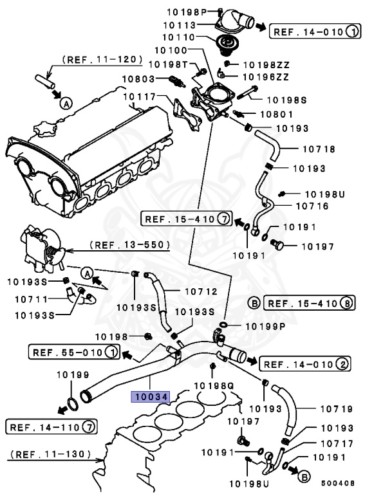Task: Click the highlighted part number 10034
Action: point(149,397)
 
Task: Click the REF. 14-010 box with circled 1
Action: point(315,31)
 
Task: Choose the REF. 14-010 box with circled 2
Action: point(305,365)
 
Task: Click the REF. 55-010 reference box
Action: point(73,352)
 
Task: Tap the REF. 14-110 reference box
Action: point(51,426)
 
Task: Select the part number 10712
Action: point(201,291)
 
